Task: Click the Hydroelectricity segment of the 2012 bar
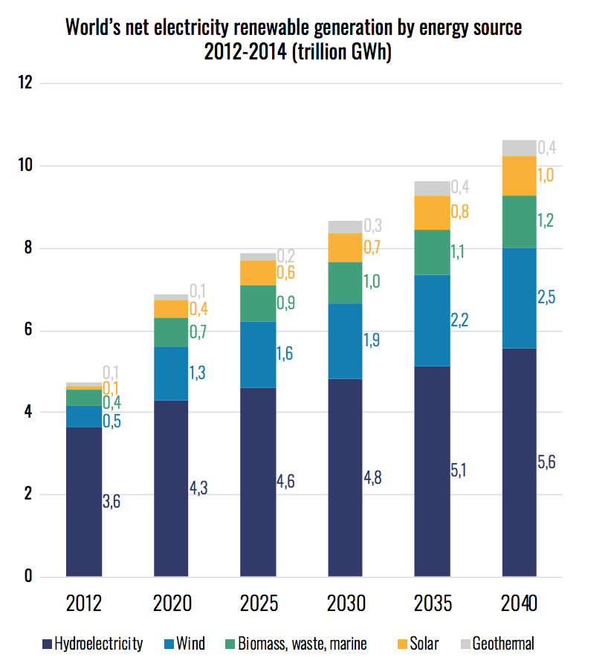point(84,502)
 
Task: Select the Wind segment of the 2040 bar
point(520,297)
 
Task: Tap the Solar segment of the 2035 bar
point(433,213)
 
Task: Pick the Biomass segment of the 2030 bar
point(346,282)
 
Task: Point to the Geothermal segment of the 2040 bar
point(520,147)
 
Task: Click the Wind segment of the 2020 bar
point(171,373)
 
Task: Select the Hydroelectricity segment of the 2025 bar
point(258,482)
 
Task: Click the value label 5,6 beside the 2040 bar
point(546,462)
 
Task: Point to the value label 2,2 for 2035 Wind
point(459,320)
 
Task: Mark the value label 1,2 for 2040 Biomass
point(546,220)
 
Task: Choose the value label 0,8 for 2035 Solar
point(459,211)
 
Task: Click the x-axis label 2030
point(346,602)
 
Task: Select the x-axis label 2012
point(84,602)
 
